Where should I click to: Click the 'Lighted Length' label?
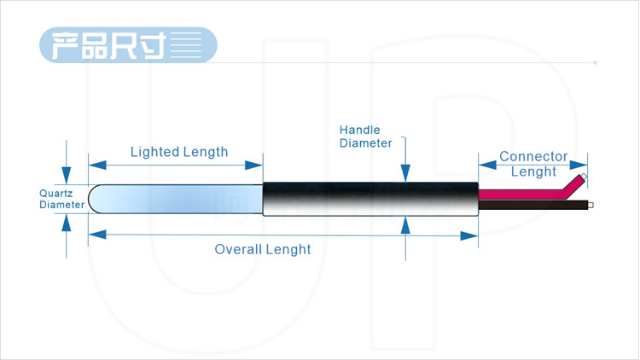[x=179, y=152]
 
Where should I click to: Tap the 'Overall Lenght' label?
[x=263, y=249]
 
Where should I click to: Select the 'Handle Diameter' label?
[x=365, y=136]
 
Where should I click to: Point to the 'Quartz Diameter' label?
[x=61, y=199]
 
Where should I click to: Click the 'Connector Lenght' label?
[x=533, y=164]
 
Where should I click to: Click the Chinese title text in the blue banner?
[x=108, y=44]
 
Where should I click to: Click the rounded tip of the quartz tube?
[x=95, y=200]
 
